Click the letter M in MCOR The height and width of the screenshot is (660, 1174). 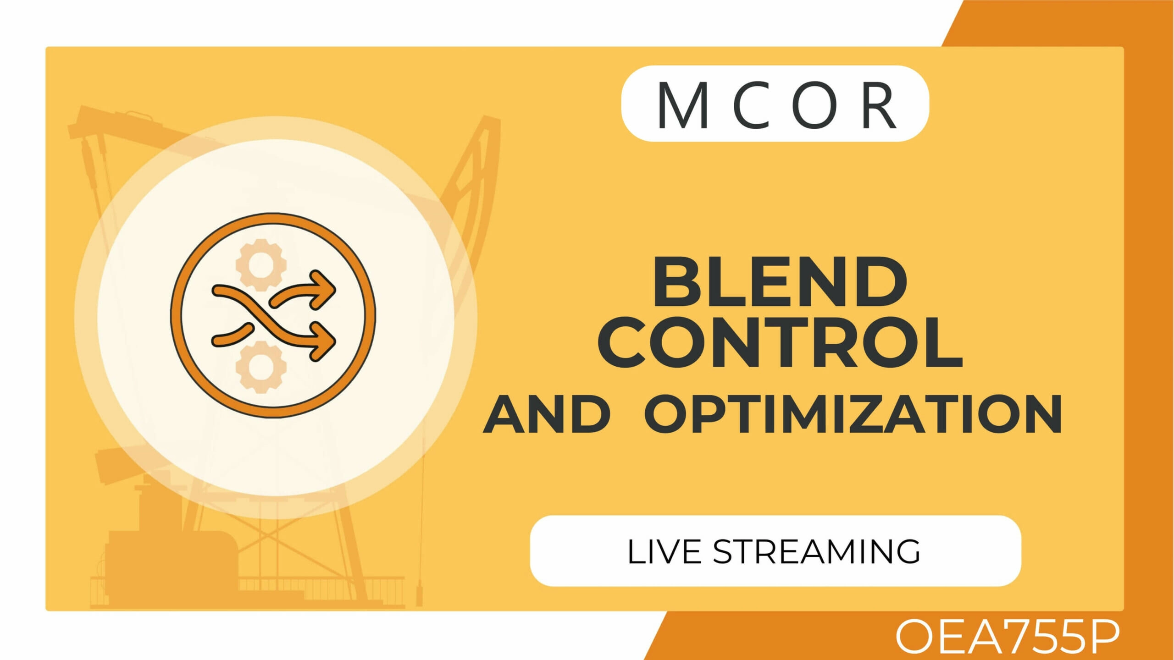click(x=683, y=105)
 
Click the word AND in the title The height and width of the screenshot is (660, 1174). click(x=547, y=414)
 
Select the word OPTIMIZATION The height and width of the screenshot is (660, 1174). click(x=853, y=414)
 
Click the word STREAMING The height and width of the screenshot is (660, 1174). click(x=817, y=551)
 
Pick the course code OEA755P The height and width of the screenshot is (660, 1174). click(x=1007, y=637)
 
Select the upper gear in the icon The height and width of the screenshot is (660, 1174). click(x=261, y=265)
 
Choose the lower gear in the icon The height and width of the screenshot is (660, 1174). click(x=261, y=367)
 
